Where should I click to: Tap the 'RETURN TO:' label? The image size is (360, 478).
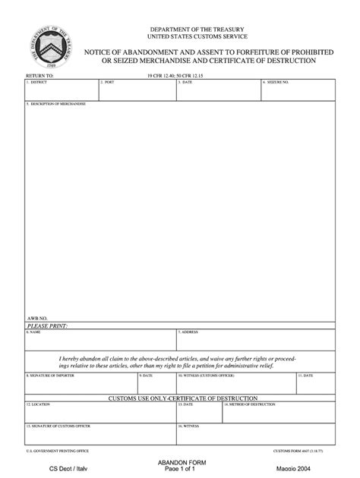pyautogui.click(x=40, y=77)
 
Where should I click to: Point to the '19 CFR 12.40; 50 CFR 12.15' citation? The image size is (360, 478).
pyautogui.click(x=180, y=77)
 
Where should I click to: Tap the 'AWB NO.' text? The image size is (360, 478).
pyautogui.click(x=37, y=318)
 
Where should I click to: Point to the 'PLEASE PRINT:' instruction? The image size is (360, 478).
pyautogui.click(x=48, y=325)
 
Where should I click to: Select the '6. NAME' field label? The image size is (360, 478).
pyautogui.click(x=35, y=332)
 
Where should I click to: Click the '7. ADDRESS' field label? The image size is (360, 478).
pyautogui.click(x=188, y=332)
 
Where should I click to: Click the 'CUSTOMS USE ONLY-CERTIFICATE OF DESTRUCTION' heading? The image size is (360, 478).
pyautogui.click(x=180, y=398)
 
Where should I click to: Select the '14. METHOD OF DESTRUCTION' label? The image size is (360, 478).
pyautogui.click(x=250, y=404)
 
